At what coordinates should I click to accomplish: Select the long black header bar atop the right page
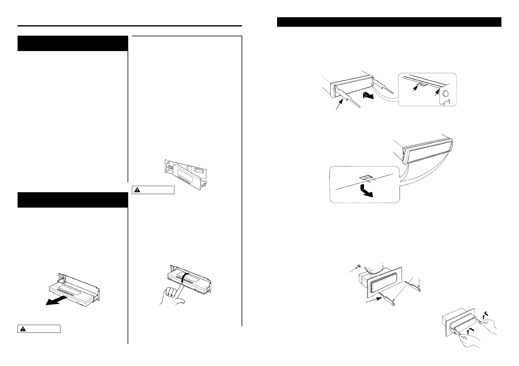(389, 22)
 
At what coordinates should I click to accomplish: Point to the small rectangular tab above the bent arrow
(366, 177)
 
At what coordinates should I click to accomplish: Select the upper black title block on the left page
(73, 43)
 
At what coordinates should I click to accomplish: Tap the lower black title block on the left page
(73, 200)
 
